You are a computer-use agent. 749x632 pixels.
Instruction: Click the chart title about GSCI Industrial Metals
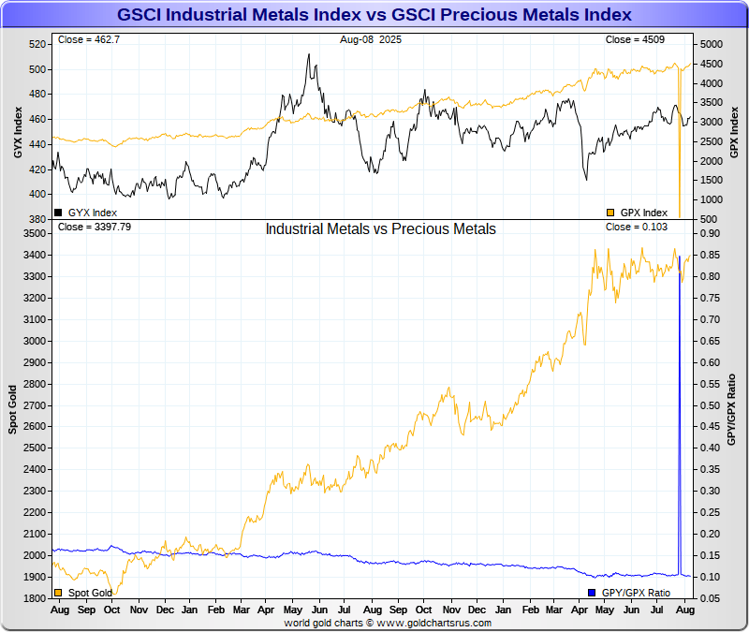[x=374, y=15]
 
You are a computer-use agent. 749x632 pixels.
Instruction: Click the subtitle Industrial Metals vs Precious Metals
[x=380, y=228]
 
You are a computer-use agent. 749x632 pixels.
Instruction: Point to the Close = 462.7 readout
[x=88, y=40]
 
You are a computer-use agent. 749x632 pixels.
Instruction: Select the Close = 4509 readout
[x=636, y=40]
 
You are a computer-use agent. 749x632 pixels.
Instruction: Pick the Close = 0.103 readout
[x=636, y=227]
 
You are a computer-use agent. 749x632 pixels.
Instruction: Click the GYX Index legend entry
[x=86, y=213]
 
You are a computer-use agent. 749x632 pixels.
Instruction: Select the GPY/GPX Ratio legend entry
[x=634, y=593]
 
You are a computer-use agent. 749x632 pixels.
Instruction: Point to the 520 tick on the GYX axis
[x=37, y=45]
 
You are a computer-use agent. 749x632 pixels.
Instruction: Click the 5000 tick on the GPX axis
[x=711, y=45]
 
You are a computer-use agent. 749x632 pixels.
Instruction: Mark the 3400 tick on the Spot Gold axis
[x=34, y=255]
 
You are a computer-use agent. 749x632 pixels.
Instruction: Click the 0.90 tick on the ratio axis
[x=710, y=233]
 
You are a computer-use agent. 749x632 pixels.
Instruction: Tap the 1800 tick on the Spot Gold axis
[x=34, y=598]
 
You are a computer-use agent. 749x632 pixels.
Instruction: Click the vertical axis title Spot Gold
[x=13, y=410]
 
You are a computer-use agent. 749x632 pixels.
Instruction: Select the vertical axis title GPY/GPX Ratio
[x=733, y=409]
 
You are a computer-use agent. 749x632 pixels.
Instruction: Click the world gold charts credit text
[x=388, y=623]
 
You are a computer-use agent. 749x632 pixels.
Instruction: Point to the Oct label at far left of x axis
[x=112, y=609]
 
